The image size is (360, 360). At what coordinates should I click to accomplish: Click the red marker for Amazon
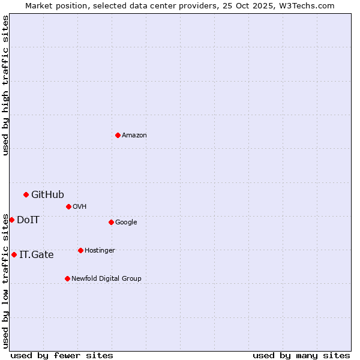click(118, 135)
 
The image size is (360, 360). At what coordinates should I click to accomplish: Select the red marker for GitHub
click(26, 194)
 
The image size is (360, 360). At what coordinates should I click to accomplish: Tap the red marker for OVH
click(68, 206)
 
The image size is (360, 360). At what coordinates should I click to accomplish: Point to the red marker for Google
click(111, 222)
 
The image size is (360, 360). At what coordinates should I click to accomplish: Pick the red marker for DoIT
click(11, 220)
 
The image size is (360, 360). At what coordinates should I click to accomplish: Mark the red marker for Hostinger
click(80, 250)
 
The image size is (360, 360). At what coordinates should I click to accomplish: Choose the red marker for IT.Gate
click(14, 254)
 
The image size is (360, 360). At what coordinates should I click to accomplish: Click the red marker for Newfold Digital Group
click(67, 278)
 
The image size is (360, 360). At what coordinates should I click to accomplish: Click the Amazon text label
click(134, 136)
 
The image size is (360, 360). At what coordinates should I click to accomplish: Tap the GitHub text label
click(47, 194)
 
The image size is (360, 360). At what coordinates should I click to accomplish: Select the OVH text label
click(80, 207)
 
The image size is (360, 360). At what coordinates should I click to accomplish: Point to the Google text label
click(126, 223)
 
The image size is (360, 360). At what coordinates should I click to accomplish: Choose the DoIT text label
click(28, 220)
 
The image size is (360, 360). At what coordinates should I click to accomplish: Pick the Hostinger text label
click(100, 251)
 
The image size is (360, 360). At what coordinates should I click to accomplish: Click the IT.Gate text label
click(37, 254)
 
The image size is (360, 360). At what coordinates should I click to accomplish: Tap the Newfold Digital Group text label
click(106, 279)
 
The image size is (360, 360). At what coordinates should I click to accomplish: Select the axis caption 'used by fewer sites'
click(62, 355)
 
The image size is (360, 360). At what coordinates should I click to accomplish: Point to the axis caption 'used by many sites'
click(301, 355)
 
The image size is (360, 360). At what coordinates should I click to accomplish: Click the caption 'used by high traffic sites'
click(5, 85)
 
